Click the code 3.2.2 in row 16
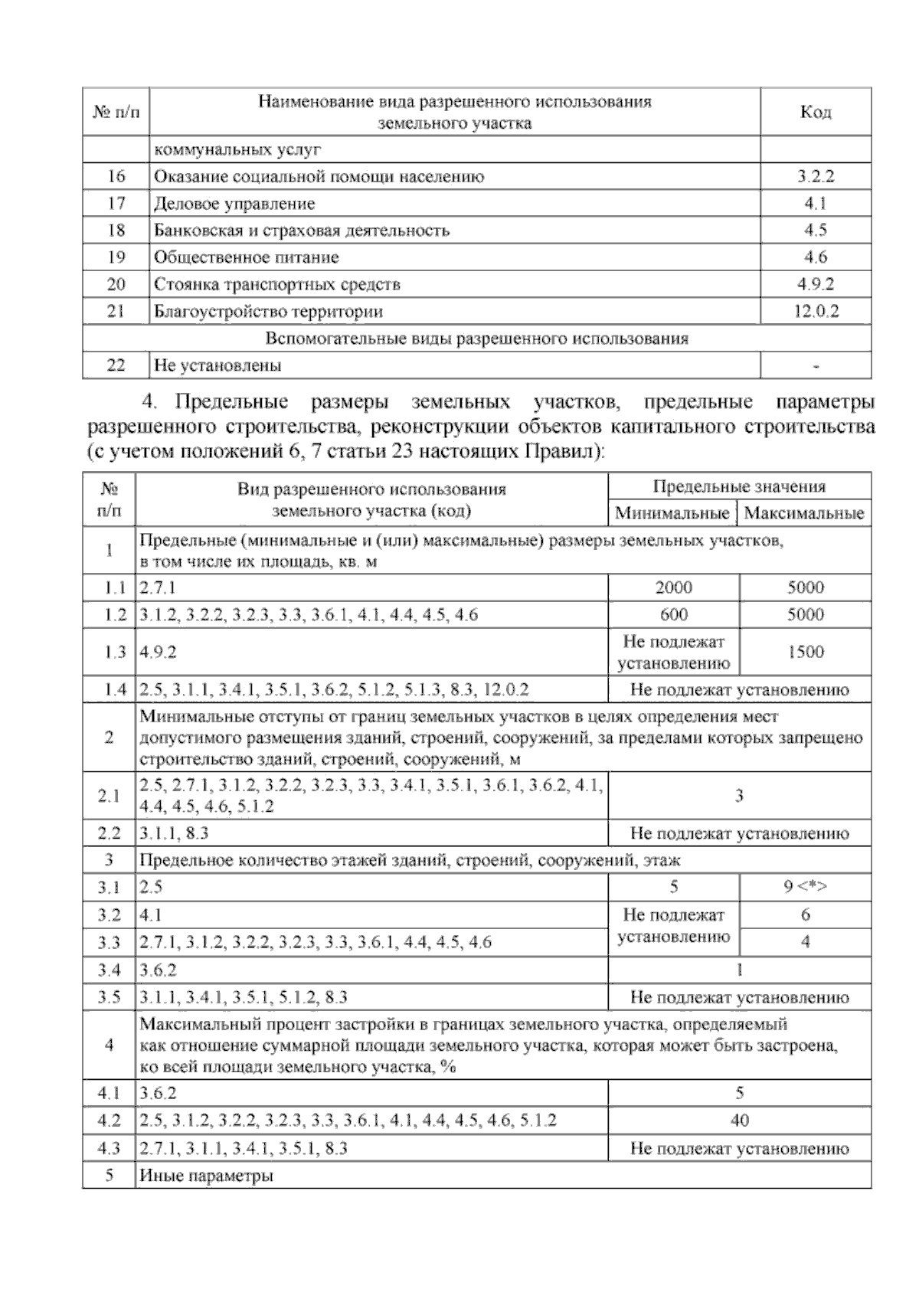(815, 177)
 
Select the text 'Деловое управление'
(234, 204)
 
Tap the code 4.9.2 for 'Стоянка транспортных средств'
(815, 284)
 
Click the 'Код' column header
(816, 113)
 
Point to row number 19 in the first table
(116, 257)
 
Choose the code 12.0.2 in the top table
(815, 312)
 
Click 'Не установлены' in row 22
(217, 365)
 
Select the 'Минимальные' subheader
(672, 513)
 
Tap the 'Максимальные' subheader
(804, 513)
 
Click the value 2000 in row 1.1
(673, 587)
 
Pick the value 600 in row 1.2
(673, 614)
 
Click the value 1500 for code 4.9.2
(805, 652)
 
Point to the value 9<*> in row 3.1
(805, 888)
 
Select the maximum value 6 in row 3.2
(805, 915)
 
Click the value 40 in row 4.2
(739, 1121)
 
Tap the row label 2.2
(109, 833)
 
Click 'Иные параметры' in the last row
(207, 1176)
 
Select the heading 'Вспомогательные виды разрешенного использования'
(476, 339)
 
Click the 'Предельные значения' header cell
(739, 486)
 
